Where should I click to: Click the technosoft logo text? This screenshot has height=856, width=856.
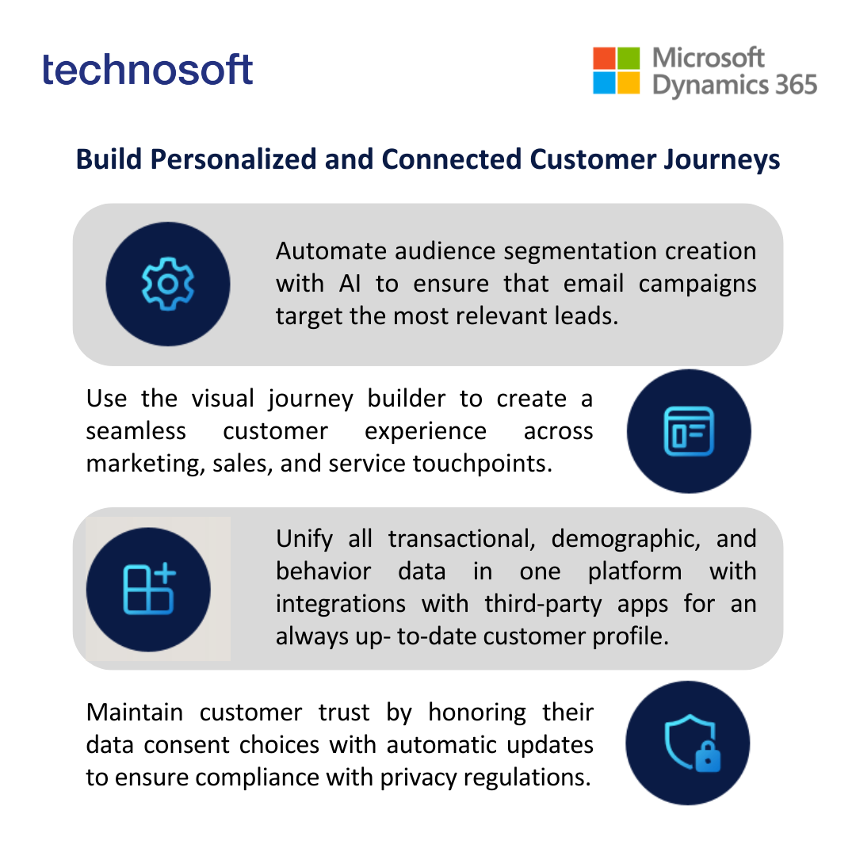(x=147, y=70)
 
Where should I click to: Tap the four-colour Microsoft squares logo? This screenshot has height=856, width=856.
(x=617, y=71)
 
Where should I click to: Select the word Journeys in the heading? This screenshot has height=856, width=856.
(x=722, y=160)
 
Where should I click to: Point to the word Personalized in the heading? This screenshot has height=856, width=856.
(x=234, y=159)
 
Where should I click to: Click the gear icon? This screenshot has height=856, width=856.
(x=167, y=284)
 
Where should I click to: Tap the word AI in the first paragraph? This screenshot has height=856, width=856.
(x=350, y=284)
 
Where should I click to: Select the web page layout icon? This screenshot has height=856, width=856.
(x=689, y=431)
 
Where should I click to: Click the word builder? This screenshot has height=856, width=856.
(x=406, y=399)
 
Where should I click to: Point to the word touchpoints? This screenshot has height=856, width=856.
(x=483, y=464)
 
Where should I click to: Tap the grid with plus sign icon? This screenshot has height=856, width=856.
(x=149, y=589)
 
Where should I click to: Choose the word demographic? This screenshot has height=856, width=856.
(x=625, y=540)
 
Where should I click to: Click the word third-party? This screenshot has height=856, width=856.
(x=543, y=604)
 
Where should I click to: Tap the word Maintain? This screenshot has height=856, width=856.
(x=134, y=713)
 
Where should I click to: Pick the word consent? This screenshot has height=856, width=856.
(x=185, y=745)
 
